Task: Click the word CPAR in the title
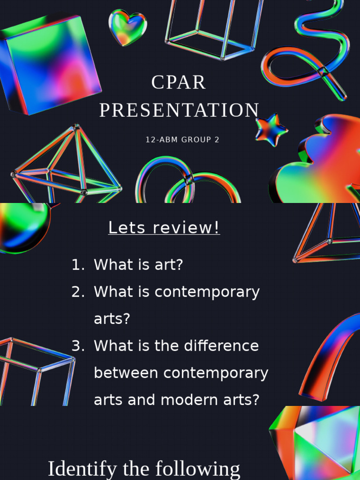pos(179,82)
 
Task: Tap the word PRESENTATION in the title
pos(179,110)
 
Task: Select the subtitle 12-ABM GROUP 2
pos(182,140)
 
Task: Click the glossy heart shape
pos(127,27)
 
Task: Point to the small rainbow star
pos(271,129)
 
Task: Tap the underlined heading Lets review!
pos(164,228)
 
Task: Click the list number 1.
pos(77,265)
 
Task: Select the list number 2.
pos(77,292)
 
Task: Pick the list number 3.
pos(77,346)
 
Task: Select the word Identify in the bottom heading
pos(82,469)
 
